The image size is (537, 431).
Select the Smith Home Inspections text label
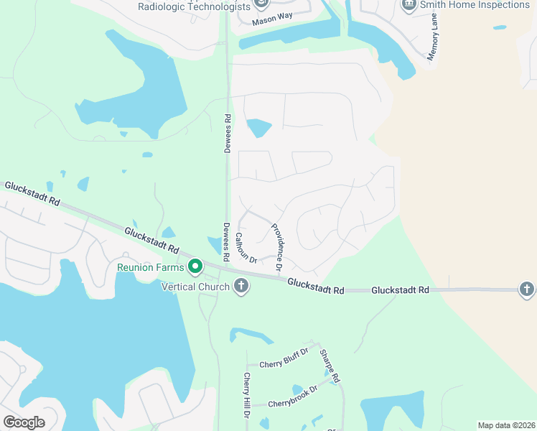coord(475,5)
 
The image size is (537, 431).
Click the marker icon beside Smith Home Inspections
coord(409,5)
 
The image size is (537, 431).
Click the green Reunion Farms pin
coord(195,268)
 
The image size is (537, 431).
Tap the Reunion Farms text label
coord(151,269)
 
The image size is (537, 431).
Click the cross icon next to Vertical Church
coord(241,287)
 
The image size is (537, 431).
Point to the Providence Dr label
coord(277,246)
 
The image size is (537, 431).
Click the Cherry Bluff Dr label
coord(284,363)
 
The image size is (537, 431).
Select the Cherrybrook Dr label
coord(292,403)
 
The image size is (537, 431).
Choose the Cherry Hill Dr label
coord(247,396)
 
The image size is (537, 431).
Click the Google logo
coord(24,422)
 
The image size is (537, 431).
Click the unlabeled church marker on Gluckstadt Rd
coord(526,289)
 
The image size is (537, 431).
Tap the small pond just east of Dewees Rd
coord(259,129)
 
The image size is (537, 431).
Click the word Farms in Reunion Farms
coord(169,269)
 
